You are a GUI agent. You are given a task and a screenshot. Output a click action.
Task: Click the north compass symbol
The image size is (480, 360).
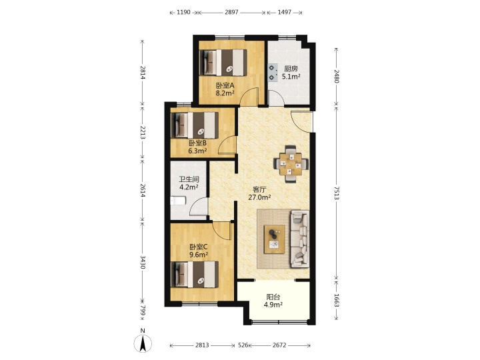click(x=143, y=343)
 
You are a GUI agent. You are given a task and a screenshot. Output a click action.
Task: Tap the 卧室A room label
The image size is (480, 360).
click(x=225, y=85)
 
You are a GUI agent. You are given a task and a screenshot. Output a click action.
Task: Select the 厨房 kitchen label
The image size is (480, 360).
click(x=291, y=69)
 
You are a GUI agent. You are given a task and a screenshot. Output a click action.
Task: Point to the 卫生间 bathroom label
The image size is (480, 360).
click(x=189, y=179)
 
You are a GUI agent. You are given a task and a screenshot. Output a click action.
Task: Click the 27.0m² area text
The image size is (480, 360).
click(x=259, y=197)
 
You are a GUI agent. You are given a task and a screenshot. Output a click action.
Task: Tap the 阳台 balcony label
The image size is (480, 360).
click(x=273, y=297)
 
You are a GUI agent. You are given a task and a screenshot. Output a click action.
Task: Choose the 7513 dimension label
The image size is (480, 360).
click(x=337, y=193)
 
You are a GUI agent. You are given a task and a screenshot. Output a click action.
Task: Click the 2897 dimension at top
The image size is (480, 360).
click(x=231, y=12)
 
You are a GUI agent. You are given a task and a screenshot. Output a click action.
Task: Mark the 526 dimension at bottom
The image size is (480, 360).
click(x=243, y=345)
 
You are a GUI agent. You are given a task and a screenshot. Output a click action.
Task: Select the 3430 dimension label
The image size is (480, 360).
click(x=143, y=263)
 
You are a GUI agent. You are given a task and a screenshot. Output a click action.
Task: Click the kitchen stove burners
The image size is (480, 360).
click(x=273, y=73)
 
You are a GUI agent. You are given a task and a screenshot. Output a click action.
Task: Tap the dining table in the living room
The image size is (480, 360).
click(x=291, y=164)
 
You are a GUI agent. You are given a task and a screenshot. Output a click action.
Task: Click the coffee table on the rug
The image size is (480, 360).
click(x=274, y=239)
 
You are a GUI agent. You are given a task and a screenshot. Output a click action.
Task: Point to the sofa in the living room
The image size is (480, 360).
click(x=299, y=239)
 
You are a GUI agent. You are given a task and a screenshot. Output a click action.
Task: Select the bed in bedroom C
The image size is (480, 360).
click(x=195, y=274)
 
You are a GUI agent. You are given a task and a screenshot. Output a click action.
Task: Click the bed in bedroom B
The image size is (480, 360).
click(x=195, y=125)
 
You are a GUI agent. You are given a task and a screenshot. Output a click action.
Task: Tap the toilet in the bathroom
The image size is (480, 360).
click(x=178, y=201)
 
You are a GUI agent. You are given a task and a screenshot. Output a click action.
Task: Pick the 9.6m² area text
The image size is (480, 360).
click(x=199, y=255)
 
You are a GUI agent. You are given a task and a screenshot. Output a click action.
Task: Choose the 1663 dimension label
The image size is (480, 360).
click(x=337, y=301)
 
